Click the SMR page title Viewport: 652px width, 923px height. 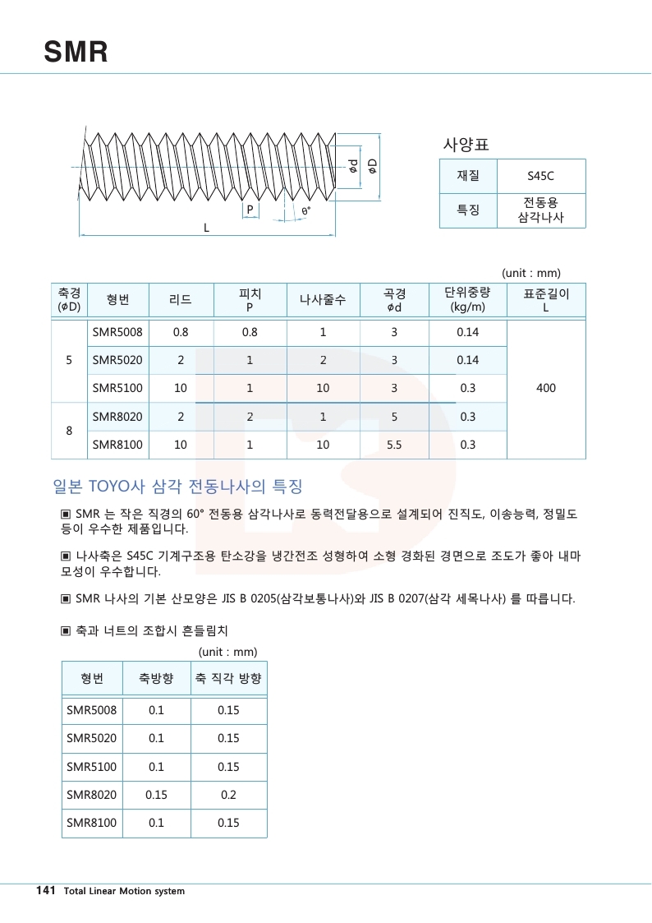point(76,53)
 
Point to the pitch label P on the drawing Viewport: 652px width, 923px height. point(250,210)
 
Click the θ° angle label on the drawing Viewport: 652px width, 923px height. point(305,212)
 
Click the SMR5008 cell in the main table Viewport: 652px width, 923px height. point(117,333)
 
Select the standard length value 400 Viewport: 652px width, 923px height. point(546,388)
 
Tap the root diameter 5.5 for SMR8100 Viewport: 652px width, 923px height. point(394,445)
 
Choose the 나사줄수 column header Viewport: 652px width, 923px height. point(323,300)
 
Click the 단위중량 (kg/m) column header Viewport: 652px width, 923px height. point(468,300)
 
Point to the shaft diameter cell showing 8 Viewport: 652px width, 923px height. point(69,431)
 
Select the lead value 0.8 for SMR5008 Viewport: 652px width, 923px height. point(181,333)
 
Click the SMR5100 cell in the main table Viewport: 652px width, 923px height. point(117,388)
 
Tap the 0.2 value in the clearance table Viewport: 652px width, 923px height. point(228,795)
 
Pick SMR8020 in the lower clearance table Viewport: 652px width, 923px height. point(92,795)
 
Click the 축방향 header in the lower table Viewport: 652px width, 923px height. point(156,679)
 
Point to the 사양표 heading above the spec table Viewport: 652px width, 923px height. point(466,145)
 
